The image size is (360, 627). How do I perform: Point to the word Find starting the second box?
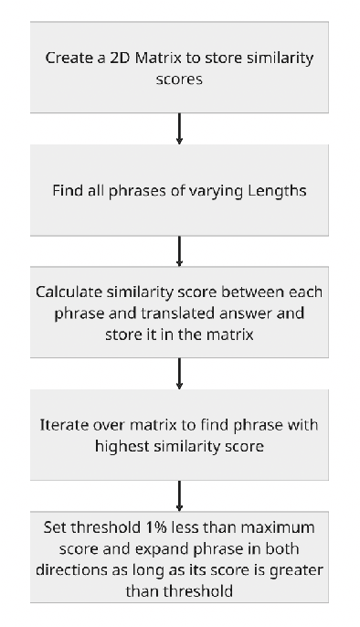tap(66, 191)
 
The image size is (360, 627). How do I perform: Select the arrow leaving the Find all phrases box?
tap(179, 250)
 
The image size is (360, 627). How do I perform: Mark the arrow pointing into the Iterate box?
tap(179, 372)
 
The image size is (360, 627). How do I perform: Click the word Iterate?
tap(62, 426)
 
